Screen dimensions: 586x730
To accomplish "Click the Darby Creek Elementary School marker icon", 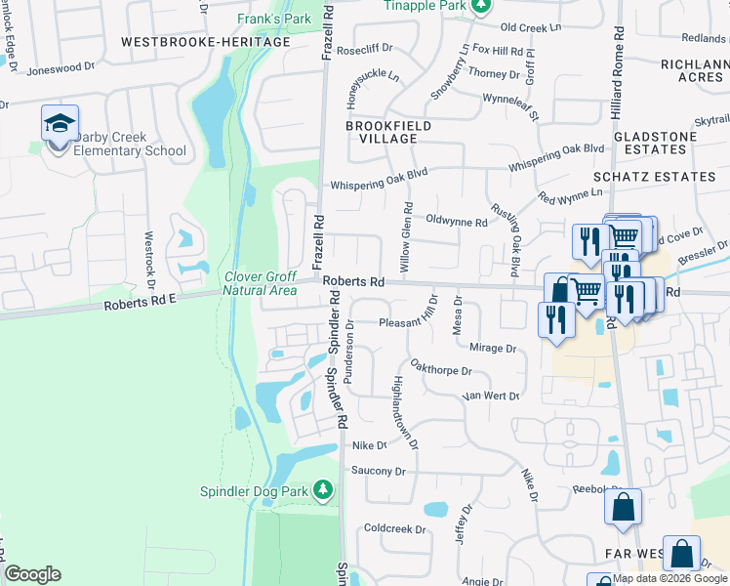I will (60, 124).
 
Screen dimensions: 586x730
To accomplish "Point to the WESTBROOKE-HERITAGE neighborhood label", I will (206, 42).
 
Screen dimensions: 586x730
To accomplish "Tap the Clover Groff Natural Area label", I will (260, 283).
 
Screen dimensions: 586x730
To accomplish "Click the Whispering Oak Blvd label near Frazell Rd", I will (380, 184).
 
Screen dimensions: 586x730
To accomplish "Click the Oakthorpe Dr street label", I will (441, 371).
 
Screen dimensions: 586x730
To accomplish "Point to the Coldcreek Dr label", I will (395, 529).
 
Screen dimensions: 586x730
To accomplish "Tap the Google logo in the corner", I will (32, 574).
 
